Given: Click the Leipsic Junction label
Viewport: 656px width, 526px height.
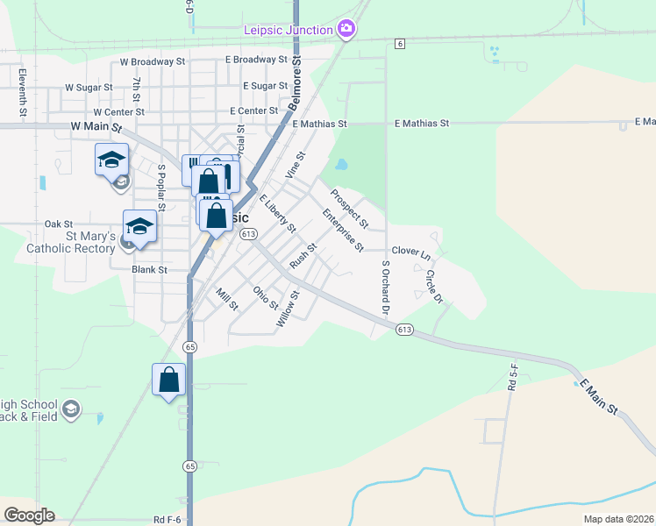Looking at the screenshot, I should coord(289,31).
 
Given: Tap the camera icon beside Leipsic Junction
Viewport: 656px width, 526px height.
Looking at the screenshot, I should coord(346,30).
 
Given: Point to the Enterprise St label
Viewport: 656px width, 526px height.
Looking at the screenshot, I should coord(343,230).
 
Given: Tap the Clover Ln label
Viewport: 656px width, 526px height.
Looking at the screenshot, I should coord(411,252).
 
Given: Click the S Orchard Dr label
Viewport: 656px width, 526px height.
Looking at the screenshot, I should coord(384,288).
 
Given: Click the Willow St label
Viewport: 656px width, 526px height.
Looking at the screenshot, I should coord(288,309).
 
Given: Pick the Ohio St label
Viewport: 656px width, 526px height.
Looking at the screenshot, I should coord(265,298).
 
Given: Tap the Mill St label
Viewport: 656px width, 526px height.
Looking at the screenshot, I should coord(226,298).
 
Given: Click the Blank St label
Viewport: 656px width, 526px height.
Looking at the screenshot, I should coord(149,270).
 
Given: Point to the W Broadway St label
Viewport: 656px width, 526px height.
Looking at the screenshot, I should coord(153,62).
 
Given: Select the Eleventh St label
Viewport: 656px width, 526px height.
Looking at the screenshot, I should coord(23,94).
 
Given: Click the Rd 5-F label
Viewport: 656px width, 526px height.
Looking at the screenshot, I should coord(512,376).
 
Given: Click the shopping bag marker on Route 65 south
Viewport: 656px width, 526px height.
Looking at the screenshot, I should coord(168,380).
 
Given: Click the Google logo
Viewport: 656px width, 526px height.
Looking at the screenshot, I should coord(29,515).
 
